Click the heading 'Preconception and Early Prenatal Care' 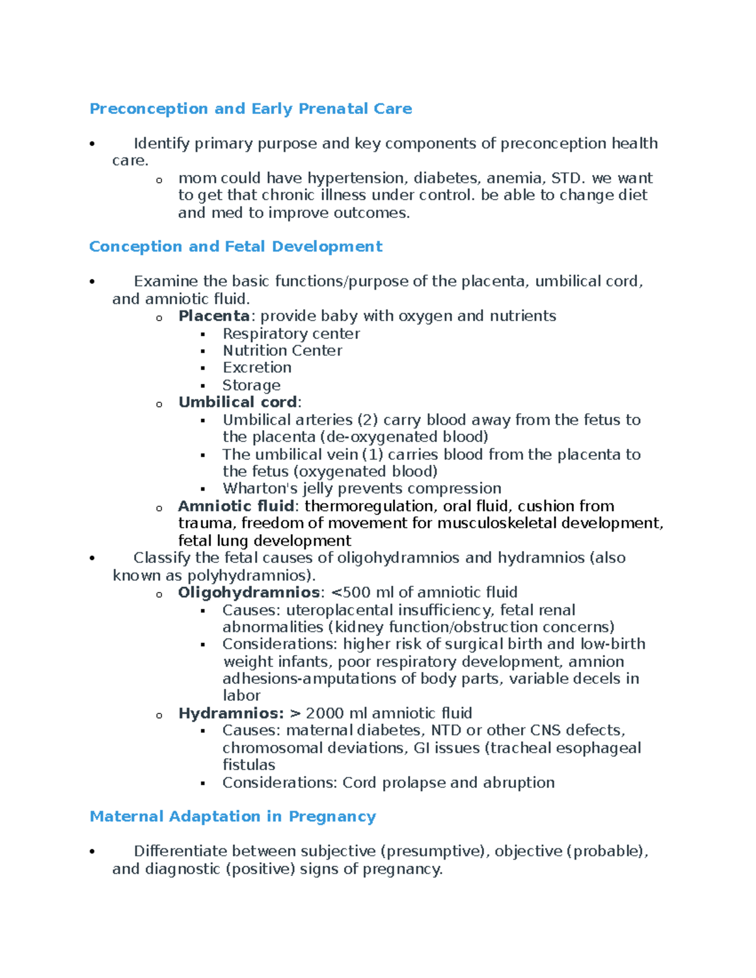click(x=251, y=109)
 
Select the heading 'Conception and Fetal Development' click(x=236, y=246)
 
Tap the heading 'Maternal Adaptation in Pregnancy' click(x=232, y=816)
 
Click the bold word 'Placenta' click(x=214, y=316)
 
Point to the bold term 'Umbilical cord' click(x=238, y=402)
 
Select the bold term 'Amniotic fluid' click(x=236, y=506)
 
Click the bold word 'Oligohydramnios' click(x=249, y=593)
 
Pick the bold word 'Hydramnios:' click(x=231, y=714)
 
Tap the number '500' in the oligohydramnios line click(x=357, y=593)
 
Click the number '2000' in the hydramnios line click(x=325, y=714)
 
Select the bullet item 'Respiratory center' click(x=291, y=334)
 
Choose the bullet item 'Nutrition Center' click(x=282, y=351)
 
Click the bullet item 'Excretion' click(x=257, y=368)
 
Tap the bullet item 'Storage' click(x=251, y=385)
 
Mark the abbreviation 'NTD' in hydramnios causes click(x=446, y=731)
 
